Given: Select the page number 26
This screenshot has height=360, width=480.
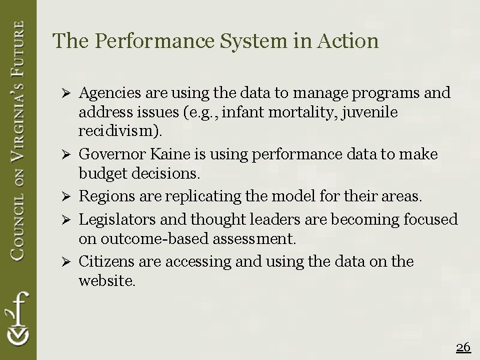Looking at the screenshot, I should (x=463, y=347).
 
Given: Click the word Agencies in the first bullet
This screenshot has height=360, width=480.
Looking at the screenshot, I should (x=109, y=93).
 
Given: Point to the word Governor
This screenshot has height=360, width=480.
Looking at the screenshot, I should (x=110, y=154).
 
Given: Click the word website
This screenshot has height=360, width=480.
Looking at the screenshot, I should (x=107, y=280).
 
